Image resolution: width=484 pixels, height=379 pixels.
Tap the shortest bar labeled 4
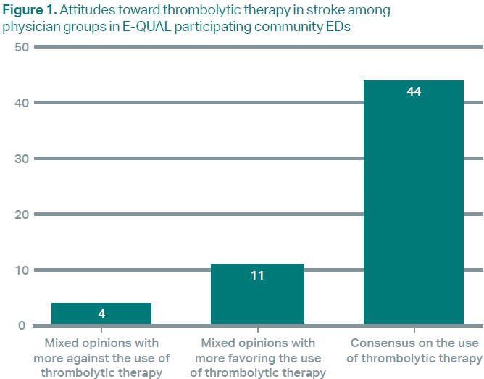(101, 314)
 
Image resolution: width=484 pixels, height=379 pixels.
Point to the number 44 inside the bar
(414, 92)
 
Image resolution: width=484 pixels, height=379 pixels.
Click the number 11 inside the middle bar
(257, 275)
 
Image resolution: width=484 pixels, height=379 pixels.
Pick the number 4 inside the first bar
(101, 315)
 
